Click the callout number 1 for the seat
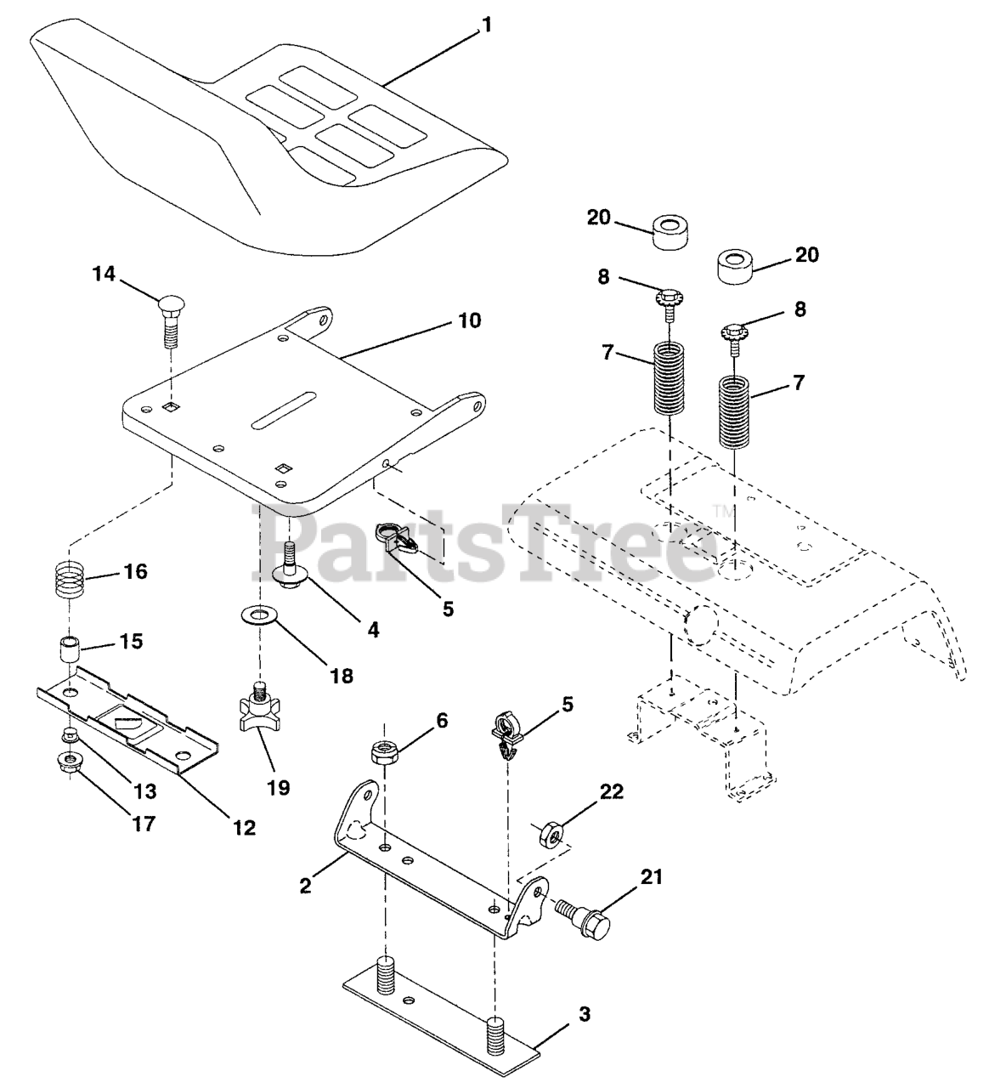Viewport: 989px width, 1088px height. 485,25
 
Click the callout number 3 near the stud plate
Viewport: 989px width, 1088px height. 584,1014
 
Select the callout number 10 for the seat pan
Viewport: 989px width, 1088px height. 468,320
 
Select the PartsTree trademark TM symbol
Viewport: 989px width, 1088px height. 722,511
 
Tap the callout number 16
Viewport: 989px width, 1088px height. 135,571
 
